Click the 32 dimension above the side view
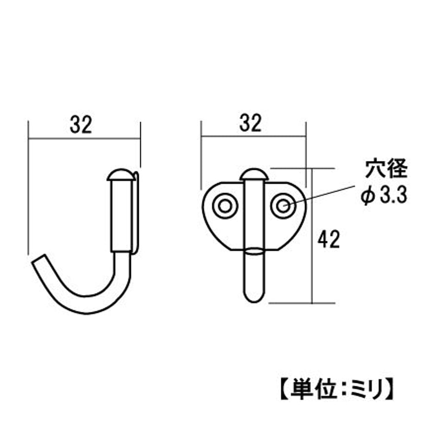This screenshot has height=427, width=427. click(x=81, y=125)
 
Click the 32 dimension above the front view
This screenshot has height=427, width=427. click(x=251, y=123)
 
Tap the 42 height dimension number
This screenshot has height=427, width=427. click(x=329, y=239)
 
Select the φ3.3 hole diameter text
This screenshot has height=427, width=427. click(x=384, y=195)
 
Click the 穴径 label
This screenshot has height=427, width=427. click(x=387, y=169)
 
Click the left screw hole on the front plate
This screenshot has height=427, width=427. click(x=225, y=206)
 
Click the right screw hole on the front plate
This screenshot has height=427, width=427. click(x=283, y=206)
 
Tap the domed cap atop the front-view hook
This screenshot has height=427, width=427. click(x=254, y=175)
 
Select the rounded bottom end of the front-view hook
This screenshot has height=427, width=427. click(x=254, y=296)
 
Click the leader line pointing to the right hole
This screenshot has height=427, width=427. click(x=319, y=195)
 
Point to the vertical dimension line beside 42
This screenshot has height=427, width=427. click(x=312, y=236)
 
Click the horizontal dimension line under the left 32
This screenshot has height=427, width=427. click(x=84, y=139)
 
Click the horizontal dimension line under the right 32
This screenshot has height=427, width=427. click(x=253, y=136)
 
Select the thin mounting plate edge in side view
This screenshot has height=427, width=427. click(x=137, y=213)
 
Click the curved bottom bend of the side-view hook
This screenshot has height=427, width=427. click(x=87, y=304)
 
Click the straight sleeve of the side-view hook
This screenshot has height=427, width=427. click(x=121, y=216)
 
